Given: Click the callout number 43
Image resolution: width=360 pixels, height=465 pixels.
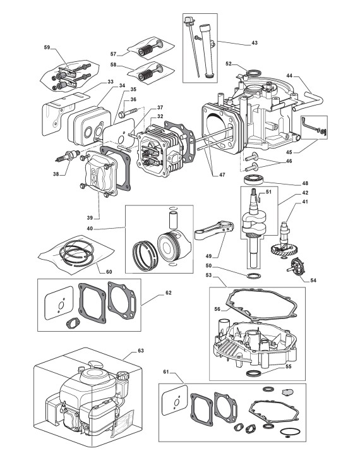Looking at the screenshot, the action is click(x=255, y=43).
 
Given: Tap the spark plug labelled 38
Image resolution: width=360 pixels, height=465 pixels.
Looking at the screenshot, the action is click(x=68, y=156).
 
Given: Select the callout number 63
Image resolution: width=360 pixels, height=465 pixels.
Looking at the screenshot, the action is click(x=141, y=351).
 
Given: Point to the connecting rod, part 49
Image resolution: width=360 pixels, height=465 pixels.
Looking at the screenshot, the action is click(x=214, y=231).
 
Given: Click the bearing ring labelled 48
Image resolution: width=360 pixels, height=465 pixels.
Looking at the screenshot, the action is click(x=253, y=179).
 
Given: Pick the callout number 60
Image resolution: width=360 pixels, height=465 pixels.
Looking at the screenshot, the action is click(x=109, y=272).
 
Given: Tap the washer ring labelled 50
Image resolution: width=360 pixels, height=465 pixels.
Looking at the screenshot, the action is click(x=254, y=276).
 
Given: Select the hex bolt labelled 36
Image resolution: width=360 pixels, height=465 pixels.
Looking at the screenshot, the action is click(x=128, y=112).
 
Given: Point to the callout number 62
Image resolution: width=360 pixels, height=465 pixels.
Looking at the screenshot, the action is click(x=169, y=293).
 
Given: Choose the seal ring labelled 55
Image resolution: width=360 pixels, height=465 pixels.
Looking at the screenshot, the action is click(x=254, y=373).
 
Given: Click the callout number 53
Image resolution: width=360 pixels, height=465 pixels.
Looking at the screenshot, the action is click(x=209, y=275).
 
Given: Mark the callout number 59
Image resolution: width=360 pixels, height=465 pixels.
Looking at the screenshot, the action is click(x=47, y=47).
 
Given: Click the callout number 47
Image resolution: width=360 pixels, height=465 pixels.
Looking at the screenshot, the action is click(x=222, y=174).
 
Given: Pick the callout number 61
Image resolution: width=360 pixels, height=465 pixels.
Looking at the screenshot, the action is click(x=165, y=371).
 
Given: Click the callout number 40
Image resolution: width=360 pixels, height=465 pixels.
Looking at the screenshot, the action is click(x=90, y=229).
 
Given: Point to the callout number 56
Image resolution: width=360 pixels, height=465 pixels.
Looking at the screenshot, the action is click(x=217, y=309).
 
